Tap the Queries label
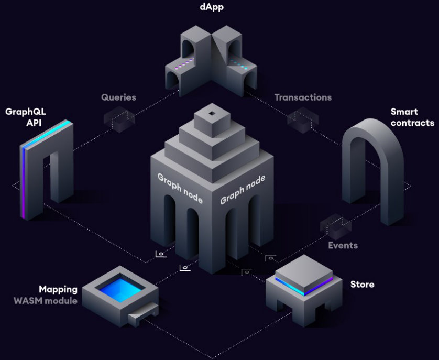pos(118,97)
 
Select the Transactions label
pos(303,97)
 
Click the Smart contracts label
pos(412,117)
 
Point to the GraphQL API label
pos(23,117)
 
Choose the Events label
pos(343,245)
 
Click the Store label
pos(362,284)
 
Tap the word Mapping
pos(58,289)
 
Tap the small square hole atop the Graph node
pos(211,114)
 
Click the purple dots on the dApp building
pos(184,67)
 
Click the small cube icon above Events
pos(335,224)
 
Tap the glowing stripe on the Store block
pos(304,287)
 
